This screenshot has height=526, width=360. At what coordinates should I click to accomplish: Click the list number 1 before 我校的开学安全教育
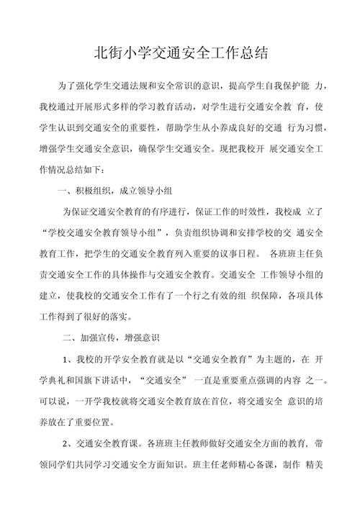(x=66, y=358)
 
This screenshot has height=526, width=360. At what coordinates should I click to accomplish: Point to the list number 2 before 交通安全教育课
(x=66, y=443)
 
